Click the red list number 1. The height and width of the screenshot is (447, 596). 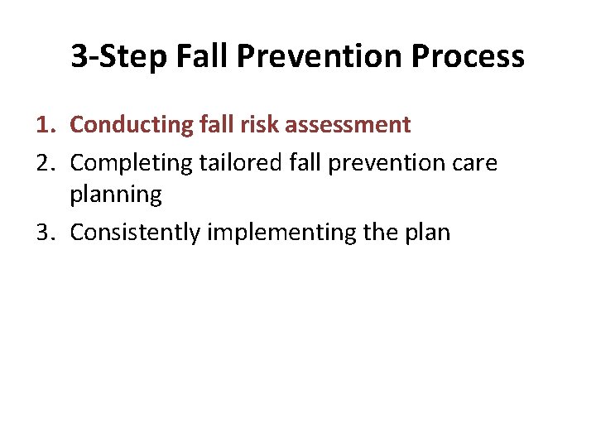click(46, 125)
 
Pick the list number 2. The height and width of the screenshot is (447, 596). click(46, 163)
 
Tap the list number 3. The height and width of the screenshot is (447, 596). click(46, 233)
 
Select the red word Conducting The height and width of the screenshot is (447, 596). click(132, 125)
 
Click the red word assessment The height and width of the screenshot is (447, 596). click(348, 125)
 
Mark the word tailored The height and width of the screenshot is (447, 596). click(236, 163)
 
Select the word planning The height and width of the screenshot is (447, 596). click(116, 195)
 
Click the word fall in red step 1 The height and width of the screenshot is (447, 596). click(216, 125)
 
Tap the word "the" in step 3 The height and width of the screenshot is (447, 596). click(380, 233)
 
